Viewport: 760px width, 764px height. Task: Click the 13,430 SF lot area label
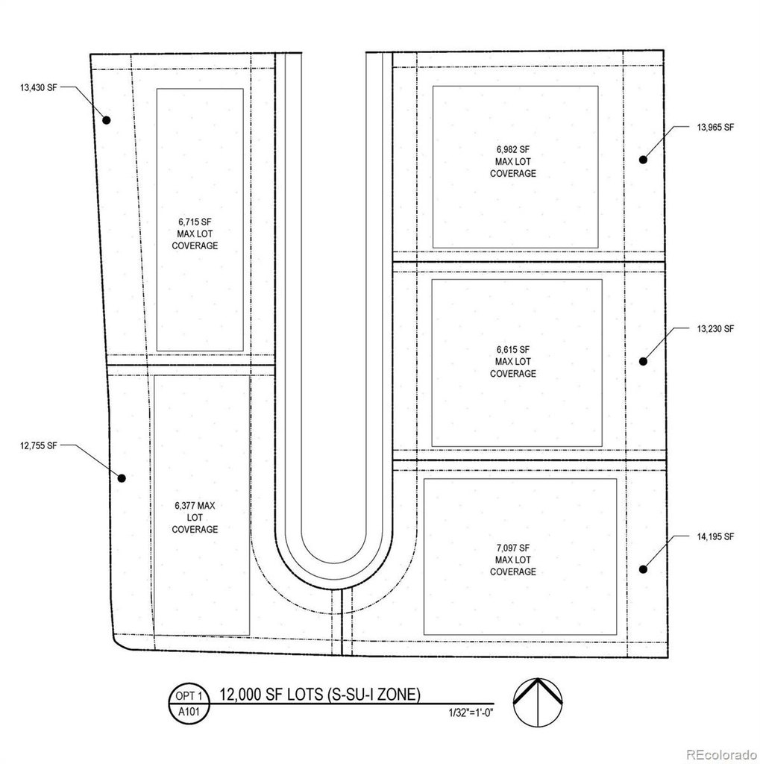[39, 87]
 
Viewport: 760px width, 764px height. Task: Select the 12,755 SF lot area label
[39, 445]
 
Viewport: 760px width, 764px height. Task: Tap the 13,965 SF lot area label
[716, 128]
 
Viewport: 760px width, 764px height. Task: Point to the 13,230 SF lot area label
[716, 328]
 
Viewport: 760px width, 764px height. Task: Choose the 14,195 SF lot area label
[716, 537]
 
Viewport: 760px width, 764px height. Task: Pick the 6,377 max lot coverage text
[195, 517]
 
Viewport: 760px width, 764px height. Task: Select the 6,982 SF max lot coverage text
[513, 161]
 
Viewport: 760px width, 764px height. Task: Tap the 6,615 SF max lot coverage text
[513, 361]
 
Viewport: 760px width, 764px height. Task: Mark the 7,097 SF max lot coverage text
[513, 560]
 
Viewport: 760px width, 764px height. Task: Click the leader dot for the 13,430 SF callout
[106, 120]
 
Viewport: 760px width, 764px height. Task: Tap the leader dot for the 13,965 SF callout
[642, 159]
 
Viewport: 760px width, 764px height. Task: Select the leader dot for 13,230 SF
[643, 361]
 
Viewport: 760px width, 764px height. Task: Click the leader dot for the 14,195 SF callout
[643, 569]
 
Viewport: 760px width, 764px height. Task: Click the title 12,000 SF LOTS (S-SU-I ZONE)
[320, 695]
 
